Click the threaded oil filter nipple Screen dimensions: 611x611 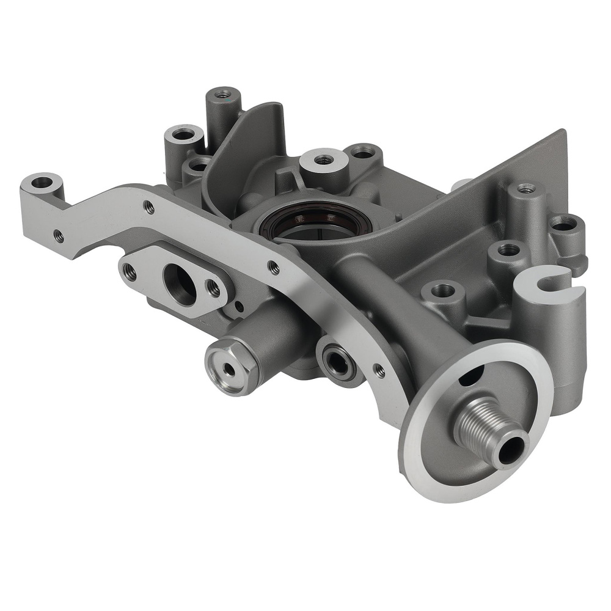tap(483, 421)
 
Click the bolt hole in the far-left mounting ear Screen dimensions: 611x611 tap(42, 182)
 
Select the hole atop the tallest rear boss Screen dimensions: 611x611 tap(223, 94)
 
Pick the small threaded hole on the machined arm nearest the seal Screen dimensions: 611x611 tap(274, 266)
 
